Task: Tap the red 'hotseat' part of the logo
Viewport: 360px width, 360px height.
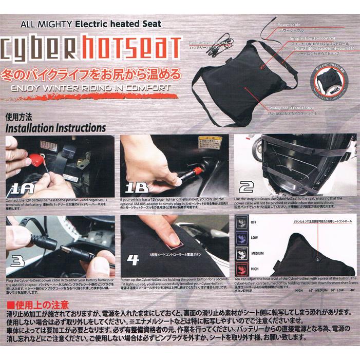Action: [x=134, y=47]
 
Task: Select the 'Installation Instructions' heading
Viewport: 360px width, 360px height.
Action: [x=55, y=126]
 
